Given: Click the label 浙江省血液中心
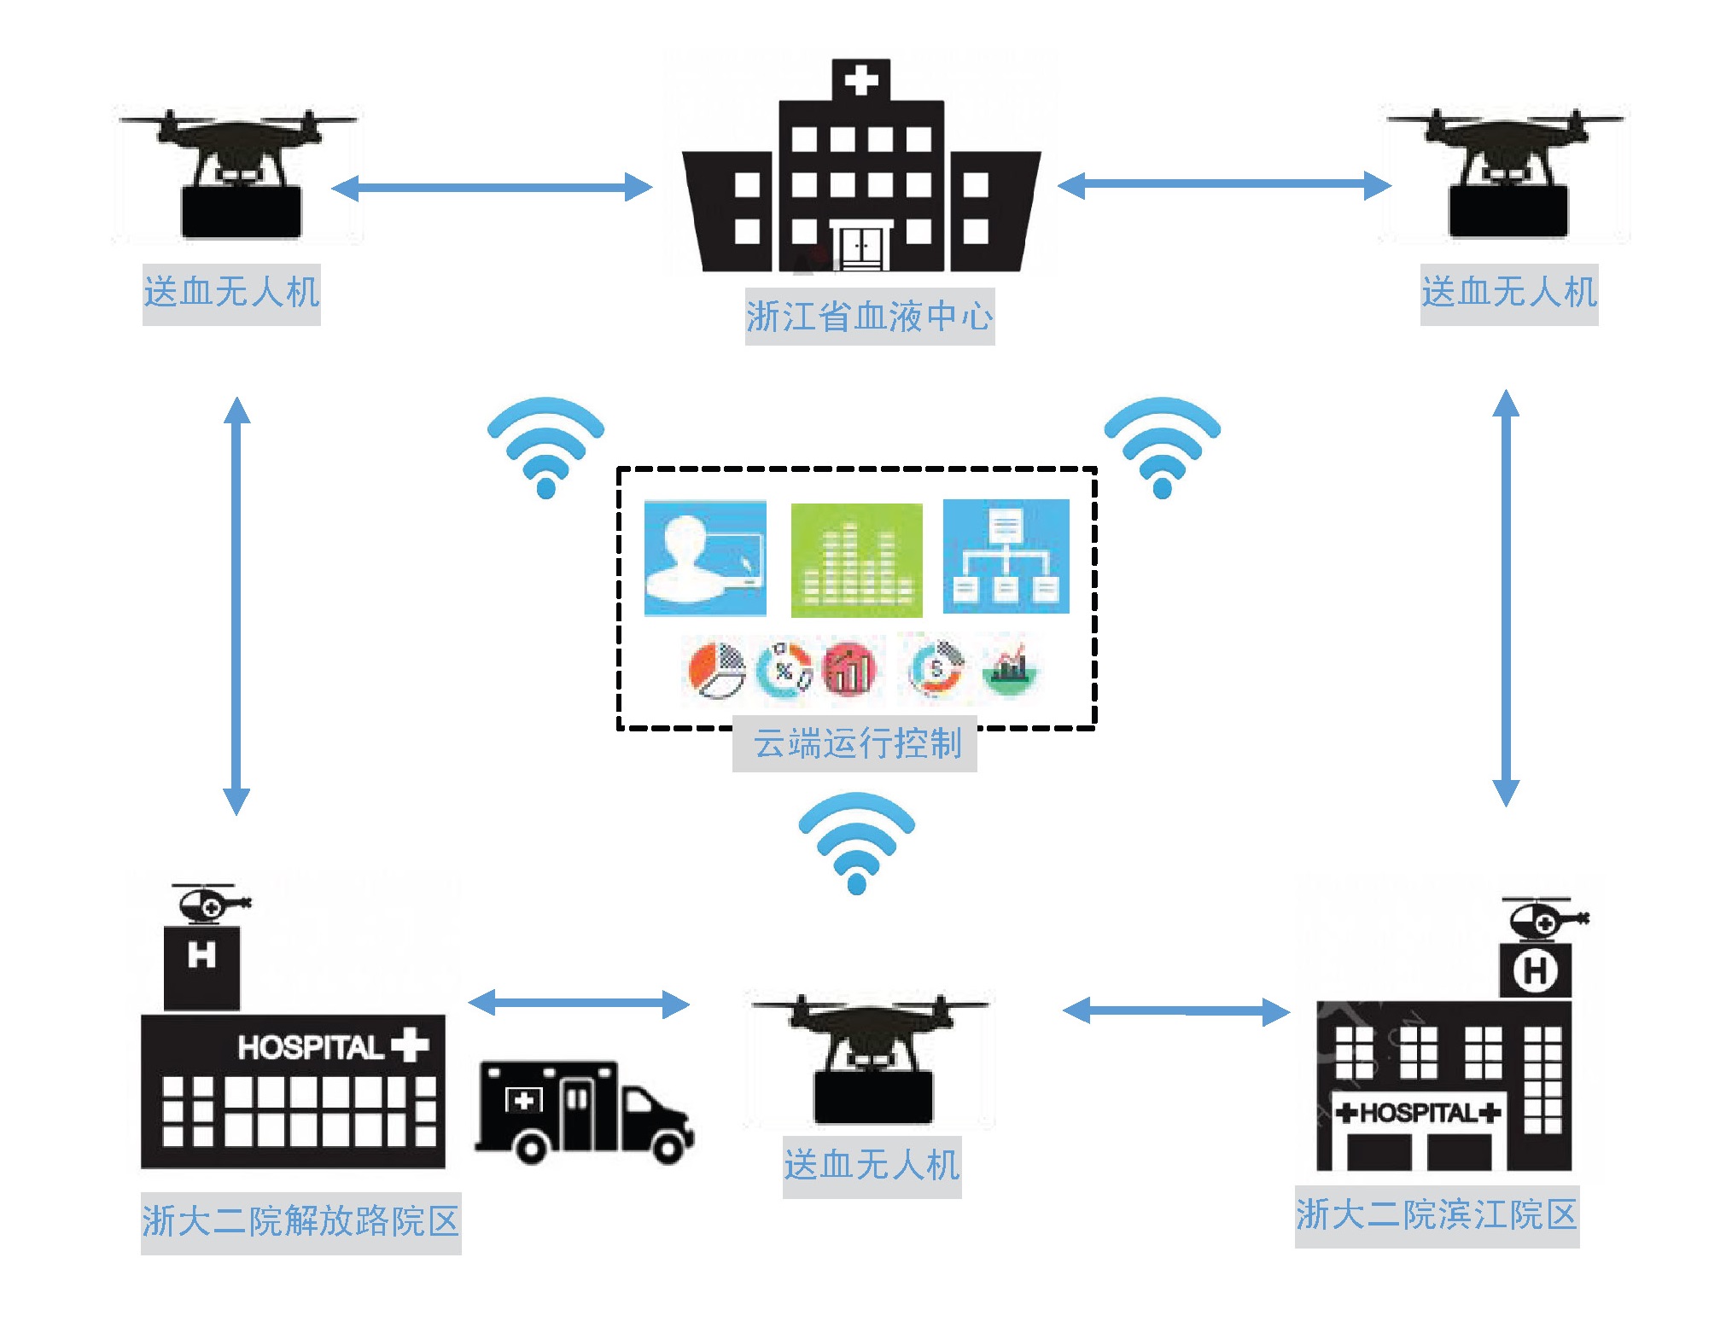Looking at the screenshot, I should [869, 317].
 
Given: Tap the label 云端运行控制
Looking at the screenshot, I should [856, 743].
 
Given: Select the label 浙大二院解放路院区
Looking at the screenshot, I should [300, 1221].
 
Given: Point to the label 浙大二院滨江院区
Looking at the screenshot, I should [1436, 1215].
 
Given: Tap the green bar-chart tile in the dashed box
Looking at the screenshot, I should [856, 560].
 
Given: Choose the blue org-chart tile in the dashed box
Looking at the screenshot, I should [1006, 556].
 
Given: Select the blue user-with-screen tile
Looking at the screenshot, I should [705, 558].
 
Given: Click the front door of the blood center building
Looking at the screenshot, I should [861, 247].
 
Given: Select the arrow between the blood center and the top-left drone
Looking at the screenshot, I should [491, 187].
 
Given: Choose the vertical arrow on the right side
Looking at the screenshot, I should [1506, 597].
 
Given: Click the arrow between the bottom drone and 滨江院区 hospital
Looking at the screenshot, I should [1176, 1011].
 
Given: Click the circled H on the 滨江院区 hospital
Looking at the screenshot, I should [1535, 970].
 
